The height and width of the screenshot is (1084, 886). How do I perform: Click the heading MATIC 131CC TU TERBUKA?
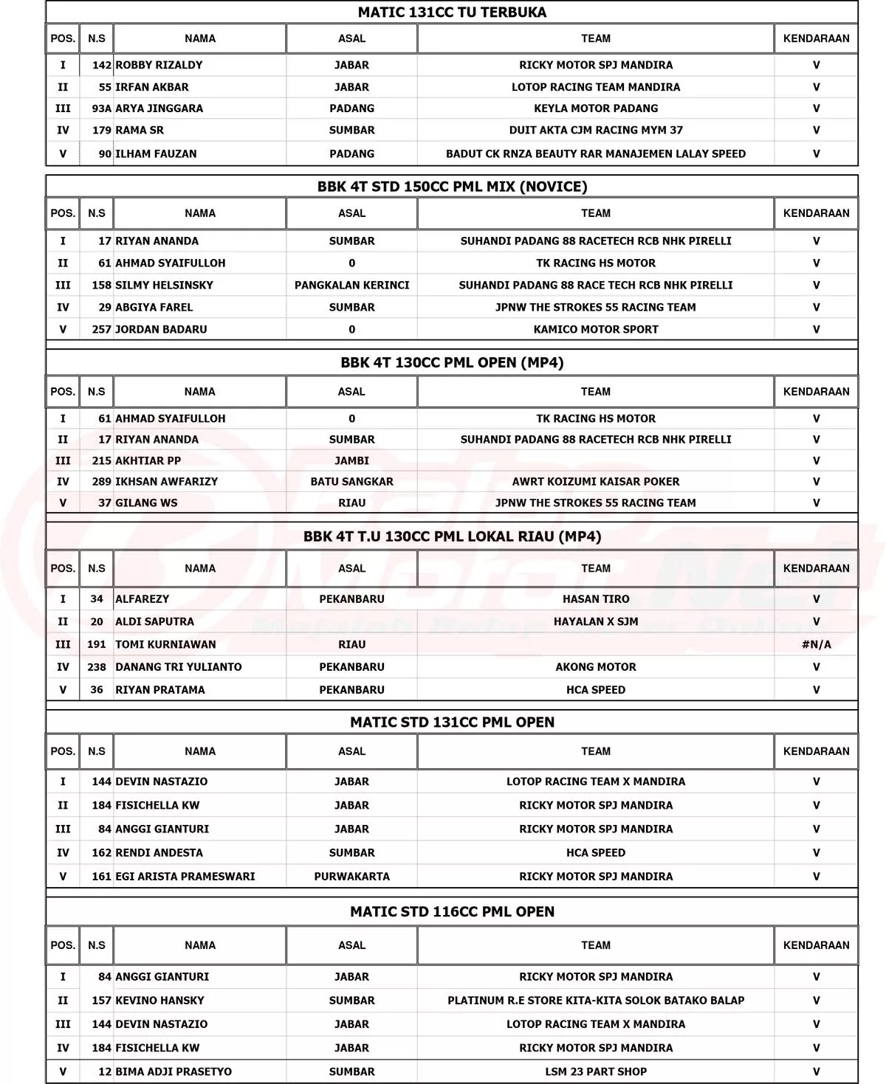click(452, 13)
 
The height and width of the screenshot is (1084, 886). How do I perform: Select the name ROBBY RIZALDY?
click(159, 65)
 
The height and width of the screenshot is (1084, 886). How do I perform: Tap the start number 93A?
click(102, 108)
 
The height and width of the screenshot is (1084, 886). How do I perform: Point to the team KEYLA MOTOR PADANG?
click(596, 108)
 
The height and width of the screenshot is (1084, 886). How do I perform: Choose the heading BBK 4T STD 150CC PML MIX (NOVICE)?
click(452, 187)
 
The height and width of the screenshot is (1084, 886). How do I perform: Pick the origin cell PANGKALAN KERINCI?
click(351, 285)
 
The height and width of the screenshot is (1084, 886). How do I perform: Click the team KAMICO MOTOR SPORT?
click(596, 329)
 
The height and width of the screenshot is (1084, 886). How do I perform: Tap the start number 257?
click(102, 329)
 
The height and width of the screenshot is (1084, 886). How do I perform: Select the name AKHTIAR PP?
click(148, 460)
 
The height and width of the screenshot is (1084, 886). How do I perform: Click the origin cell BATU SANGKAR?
click(351, 482)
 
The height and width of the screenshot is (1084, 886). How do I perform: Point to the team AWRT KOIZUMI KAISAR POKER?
click(596, 482)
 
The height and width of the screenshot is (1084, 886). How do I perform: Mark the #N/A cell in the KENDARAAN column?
click(816, 644)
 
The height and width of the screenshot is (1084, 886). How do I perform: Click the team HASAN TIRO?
click(596, 599)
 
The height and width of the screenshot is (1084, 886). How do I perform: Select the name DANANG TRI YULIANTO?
click(179, 667)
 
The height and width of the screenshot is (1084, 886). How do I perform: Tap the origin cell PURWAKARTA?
click(351, 877)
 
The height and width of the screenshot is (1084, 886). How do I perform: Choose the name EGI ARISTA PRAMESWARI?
click(185, 877)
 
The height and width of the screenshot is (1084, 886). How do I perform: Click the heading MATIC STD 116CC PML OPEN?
click(452, 912)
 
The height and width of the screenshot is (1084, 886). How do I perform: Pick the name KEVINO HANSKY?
click(159, 1001)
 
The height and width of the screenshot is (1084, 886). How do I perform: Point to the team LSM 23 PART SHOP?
click(596, 1071)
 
